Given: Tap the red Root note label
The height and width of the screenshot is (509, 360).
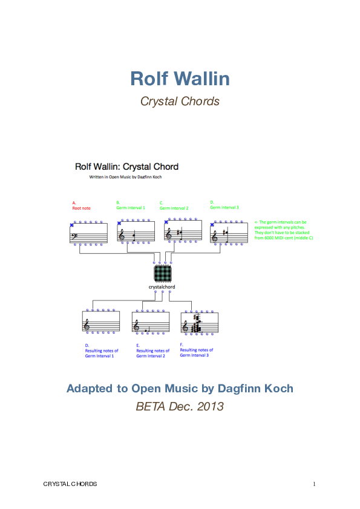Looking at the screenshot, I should pos(81,208).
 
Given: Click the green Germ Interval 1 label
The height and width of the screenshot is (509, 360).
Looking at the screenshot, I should pos(131,207).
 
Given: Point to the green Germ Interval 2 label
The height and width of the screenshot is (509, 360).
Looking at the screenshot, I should pos(174,208).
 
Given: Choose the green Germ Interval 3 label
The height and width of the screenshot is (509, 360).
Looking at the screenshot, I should pos(224,207).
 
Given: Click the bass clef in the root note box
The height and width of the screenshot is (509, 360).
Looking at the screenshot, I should pos(76,232).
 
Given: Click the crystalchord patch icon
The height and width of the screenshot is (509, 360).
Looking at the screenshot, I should pos(163,274).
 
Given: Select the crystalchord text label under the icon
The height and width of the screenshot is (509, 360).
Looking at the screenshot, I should pos(163,286).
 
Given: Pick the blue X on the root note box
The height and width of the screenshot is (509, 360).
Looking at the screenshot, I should pos(71,224).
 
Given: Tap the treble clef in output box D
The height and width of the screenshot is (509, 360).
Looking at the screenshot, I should pos(88,325).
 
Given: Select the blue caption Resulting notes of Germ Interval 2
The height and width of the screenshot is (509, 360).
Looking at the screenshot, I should pos(152,353).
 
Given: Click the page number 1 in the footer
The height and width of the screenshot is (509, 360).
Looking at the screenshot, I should pos(315,484).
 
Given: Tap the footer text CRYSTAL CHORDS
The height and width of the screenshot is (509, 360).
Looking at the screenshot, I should pos(70,484).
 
